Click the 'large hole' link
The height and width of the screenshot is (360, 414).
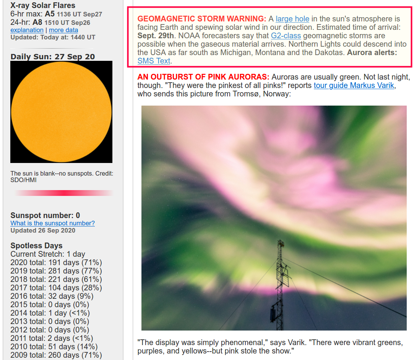click(292, 19)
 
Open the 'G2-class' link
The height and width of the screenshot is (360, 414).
click(286, 36)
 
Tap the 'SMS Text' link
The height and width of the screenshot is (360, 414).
click(154, 61)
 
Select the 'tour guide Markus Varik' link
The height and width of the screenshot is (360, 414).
click(354, 85)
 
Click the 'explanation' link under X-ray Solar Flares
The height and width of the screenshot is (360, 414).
click(27, 30)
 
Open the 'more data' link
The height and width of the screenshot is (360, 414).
click(63, 30)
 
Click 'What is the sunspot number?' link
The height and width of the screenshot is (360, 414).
click(52, 223)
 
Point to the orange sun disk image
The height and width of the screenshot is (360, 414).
click(61, 112)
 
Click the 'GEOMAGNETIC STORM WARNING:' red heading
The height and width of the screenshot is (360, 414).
click(202, 19)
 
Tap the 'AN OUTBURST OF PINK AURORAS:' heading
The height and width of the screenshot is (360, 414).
click(203, 77)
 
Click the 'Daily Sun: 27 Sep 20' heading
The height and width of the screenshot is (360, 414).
click(52, 57)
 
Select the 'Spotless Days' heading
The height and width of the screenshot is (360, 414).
click(36, 246)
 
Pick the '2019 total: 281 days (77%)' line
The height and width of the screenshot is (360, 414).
click(56, 271)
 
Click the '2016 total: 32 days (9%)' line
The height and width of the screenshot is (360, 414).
click(52, 296)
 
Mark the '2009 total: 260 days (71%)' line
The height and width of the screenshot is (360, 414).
click(56, 355)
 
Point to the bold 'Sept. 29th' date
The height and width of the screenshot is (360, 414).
click(156, 36)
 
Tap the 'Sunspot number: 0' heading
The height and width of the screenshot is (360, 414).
click(45, 215)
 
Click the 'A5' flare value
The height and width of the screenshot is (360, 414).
click(50, 14)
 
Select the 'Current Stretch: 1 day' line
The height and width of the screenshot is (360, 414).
click(48, 254)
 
